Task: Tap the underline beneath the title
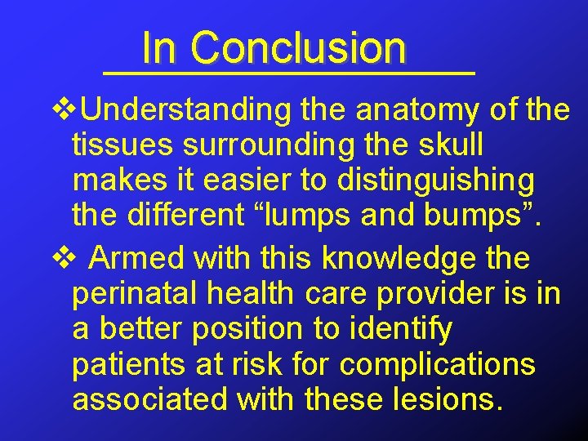pos(290,73)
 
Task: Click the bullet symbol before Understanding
pos(61,109)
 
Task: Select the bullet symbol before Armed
pos(61,258)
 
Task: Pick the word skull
pos(450,145)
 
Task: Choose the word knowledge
pos(399,258)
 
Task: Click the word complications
pos(437,365)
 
